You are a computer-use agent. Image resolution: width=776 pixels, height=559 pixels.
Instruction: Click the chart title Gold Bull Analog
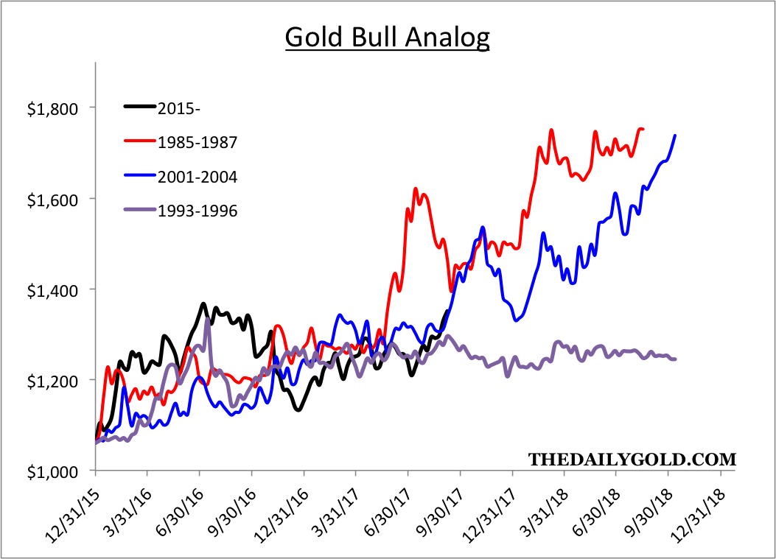(387, 38)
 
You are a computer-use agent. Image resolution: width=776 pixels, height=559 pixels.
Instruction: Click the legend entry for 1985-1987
(197, 142)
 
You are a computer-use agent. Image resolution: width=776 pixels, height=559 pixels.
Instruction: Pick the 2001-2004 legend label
(197, 177)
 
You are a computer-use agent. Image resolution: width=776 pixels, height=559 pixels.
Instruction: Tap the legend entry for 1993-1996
(197, 211)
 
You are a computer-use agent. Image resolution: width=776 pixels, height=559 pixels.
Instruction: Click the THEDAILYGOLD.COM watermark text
(632, 460)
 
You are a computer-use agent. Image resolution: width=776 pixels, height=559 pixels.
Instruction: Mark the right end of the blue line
(676, 135)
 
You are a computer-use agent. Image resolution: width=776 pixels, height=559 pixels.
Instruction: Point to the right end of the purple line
(676, 359)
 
